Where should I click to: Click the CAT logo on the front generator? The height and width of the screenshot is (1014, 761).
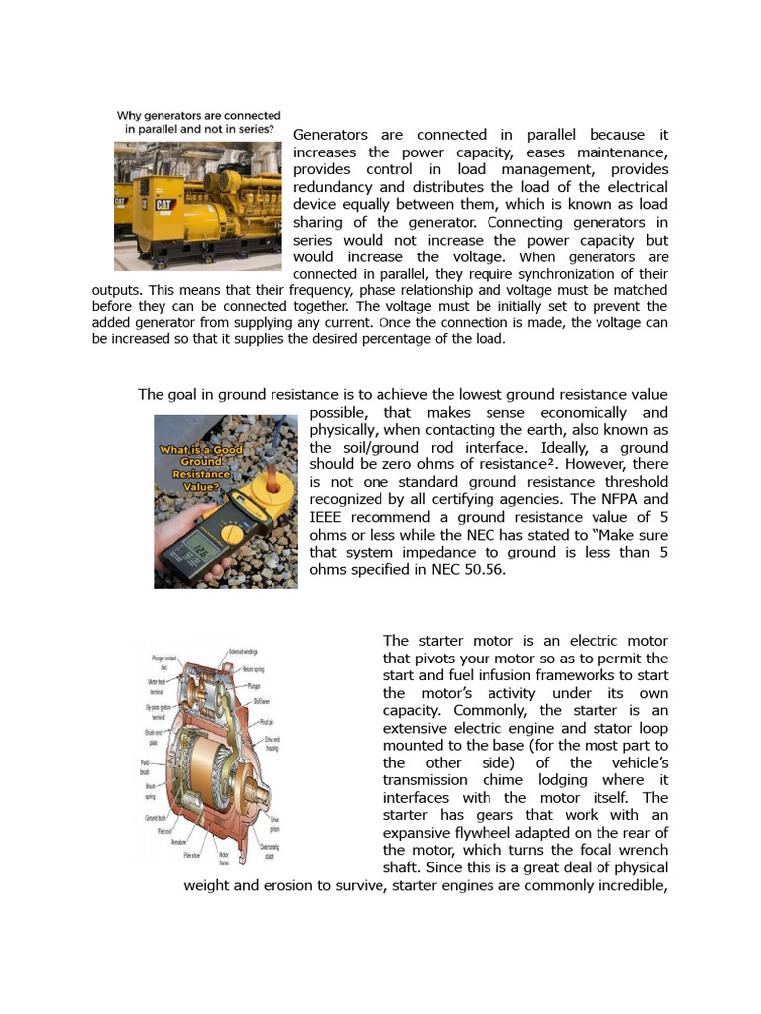click(163, 204)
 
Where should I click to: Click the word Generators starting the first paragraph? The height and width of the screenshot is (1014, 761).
click(331, 135)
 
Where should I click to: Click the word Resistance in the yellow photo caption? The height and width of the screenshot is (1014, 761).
click(201, 475)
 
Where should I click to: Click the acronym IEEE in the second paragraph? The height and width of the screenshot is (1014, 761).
click(330, 518)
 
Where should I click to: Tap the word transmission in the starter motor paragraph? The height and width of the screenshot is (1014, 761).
click(433, 779)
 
